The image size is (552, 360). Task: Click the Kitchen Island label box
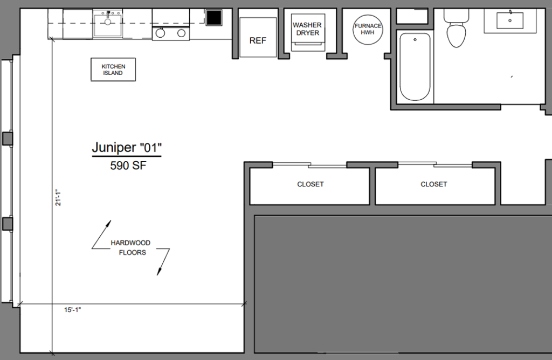click(x=113, y=70)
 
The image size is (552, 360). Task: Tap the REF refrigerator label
click(x=258, y=40)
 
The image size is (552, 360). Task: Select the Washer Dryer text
click(x=307, y=29)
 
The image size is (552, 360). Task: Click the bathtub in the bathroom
click(x=415, y=67)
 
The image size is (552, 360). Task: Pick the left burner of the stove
click(x=160, y=34)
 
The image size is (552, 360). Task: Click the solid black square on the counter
click(x=214, y=18)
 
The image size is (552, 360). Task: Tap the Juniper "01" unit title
click(x=127, y=147)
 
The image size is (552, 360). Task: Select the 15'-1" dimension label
click(x=73, y=310)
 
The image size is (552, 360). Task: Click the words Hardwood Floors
click(x=130, y=247)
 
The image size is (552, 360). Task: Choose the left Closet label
click(x=310, y=184)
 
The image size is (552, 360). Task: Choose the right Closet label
click(x=434, y=184)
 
